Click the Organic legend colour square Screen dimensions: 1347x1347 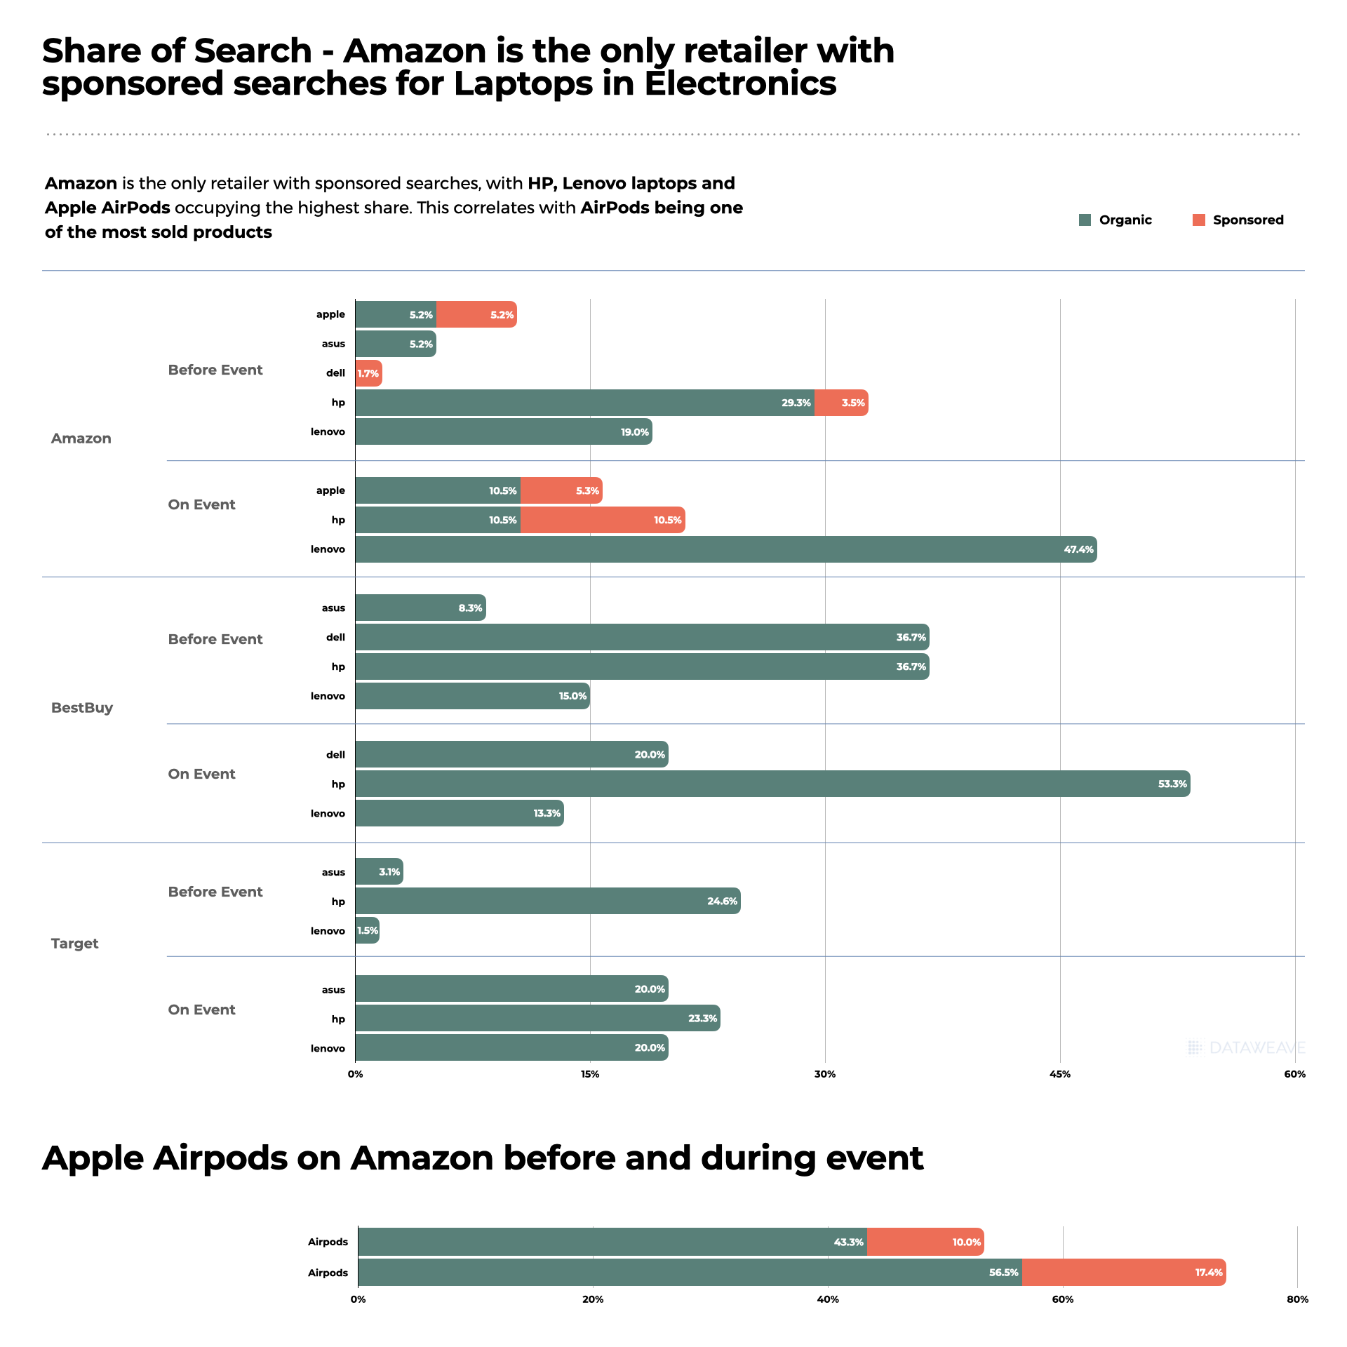pos(1085,220)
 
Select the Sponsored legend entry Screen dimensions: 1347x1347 pos(1238,220)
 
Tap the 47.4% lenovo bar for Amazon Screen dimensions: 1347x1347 pos(726,549)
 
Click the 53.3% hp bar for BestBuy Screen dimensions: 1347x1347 pos(772,784)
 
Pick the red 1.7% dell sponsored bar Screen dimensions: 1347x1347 pos(368,373)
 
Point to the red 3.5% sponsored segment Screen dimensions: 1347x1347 pos(841,403)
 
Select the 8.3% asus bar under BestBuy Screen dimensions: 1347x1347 pos(420,608)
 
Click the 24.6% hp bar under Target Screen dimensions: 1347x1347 pos(547,901)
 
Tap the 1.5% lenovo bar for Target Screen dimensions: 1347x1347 pos(367,930)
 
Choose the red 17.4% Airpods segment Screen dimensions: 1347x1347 pos(1123,1272)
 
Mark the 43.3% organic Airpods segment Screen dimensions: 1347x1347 pos(612,1242)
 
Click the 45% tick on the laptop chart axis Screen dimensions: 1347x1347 pos(1060,1074)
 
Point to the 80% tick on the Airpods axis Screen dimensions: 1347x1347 pos(1297,1299)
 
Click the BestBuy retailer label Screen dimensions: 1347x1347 pos(82,708)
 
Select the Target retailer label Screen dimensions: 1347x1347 pos(74,944)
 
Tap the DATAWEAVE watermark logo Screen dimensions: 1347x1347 pos(1247,1048)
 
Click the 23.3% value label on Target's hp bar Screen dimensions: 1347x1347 pos(702,1019)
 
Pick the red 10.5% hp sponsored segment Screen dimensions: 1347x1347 pos(602,520)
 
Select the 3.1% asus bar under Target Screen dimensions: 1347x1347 pos(379,871)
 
